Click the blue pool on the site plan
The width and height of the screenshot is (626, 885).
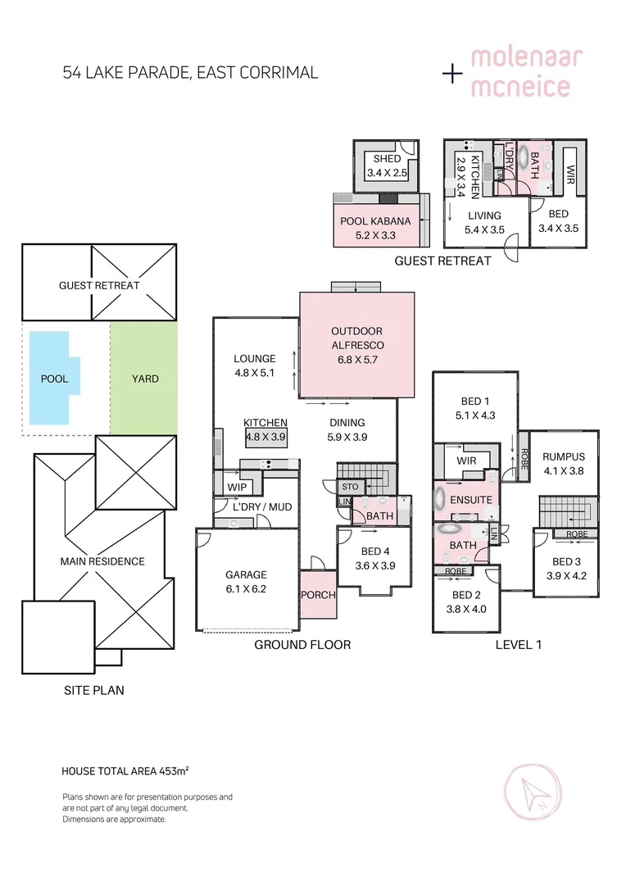(51, 378)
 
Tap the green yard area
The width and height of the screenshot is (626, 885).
(144, 378)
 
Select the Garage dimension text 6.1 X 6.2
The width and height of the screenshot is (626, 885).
(246, 589)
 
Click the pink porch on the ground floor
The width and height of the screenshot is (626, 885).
(319, 594)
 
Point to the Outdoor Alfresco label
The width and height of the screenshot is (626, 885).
(357, 338)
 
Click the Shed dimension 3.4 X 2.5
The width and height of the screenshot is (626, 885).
(388, 173)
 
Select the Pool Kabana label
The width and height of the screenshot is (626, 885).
(375, 221)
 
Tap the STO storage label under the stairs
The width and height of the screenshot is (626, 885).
(350, 487)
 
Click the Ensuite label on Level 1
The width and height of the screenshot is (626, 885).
(471, 500)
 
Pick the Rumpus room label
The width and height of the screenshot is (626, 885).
(564, 456)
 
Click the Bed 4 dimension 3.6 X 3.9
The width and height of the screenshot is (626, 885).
(374, 565)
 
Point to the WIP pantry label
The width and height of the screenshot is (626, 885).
(237, 487)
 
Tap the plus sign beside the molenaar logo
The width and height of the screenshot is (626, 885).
(452, 74)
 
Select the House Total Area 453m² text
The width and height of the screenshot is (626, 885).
(125, 771)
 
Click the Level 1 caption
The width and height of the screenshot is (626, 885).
(518, 645)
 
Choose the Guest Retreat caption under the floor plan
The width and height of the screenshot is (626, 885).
(442, 261)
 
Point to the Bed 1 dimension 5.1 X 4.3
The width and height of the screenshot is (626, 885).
(475, 415)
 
